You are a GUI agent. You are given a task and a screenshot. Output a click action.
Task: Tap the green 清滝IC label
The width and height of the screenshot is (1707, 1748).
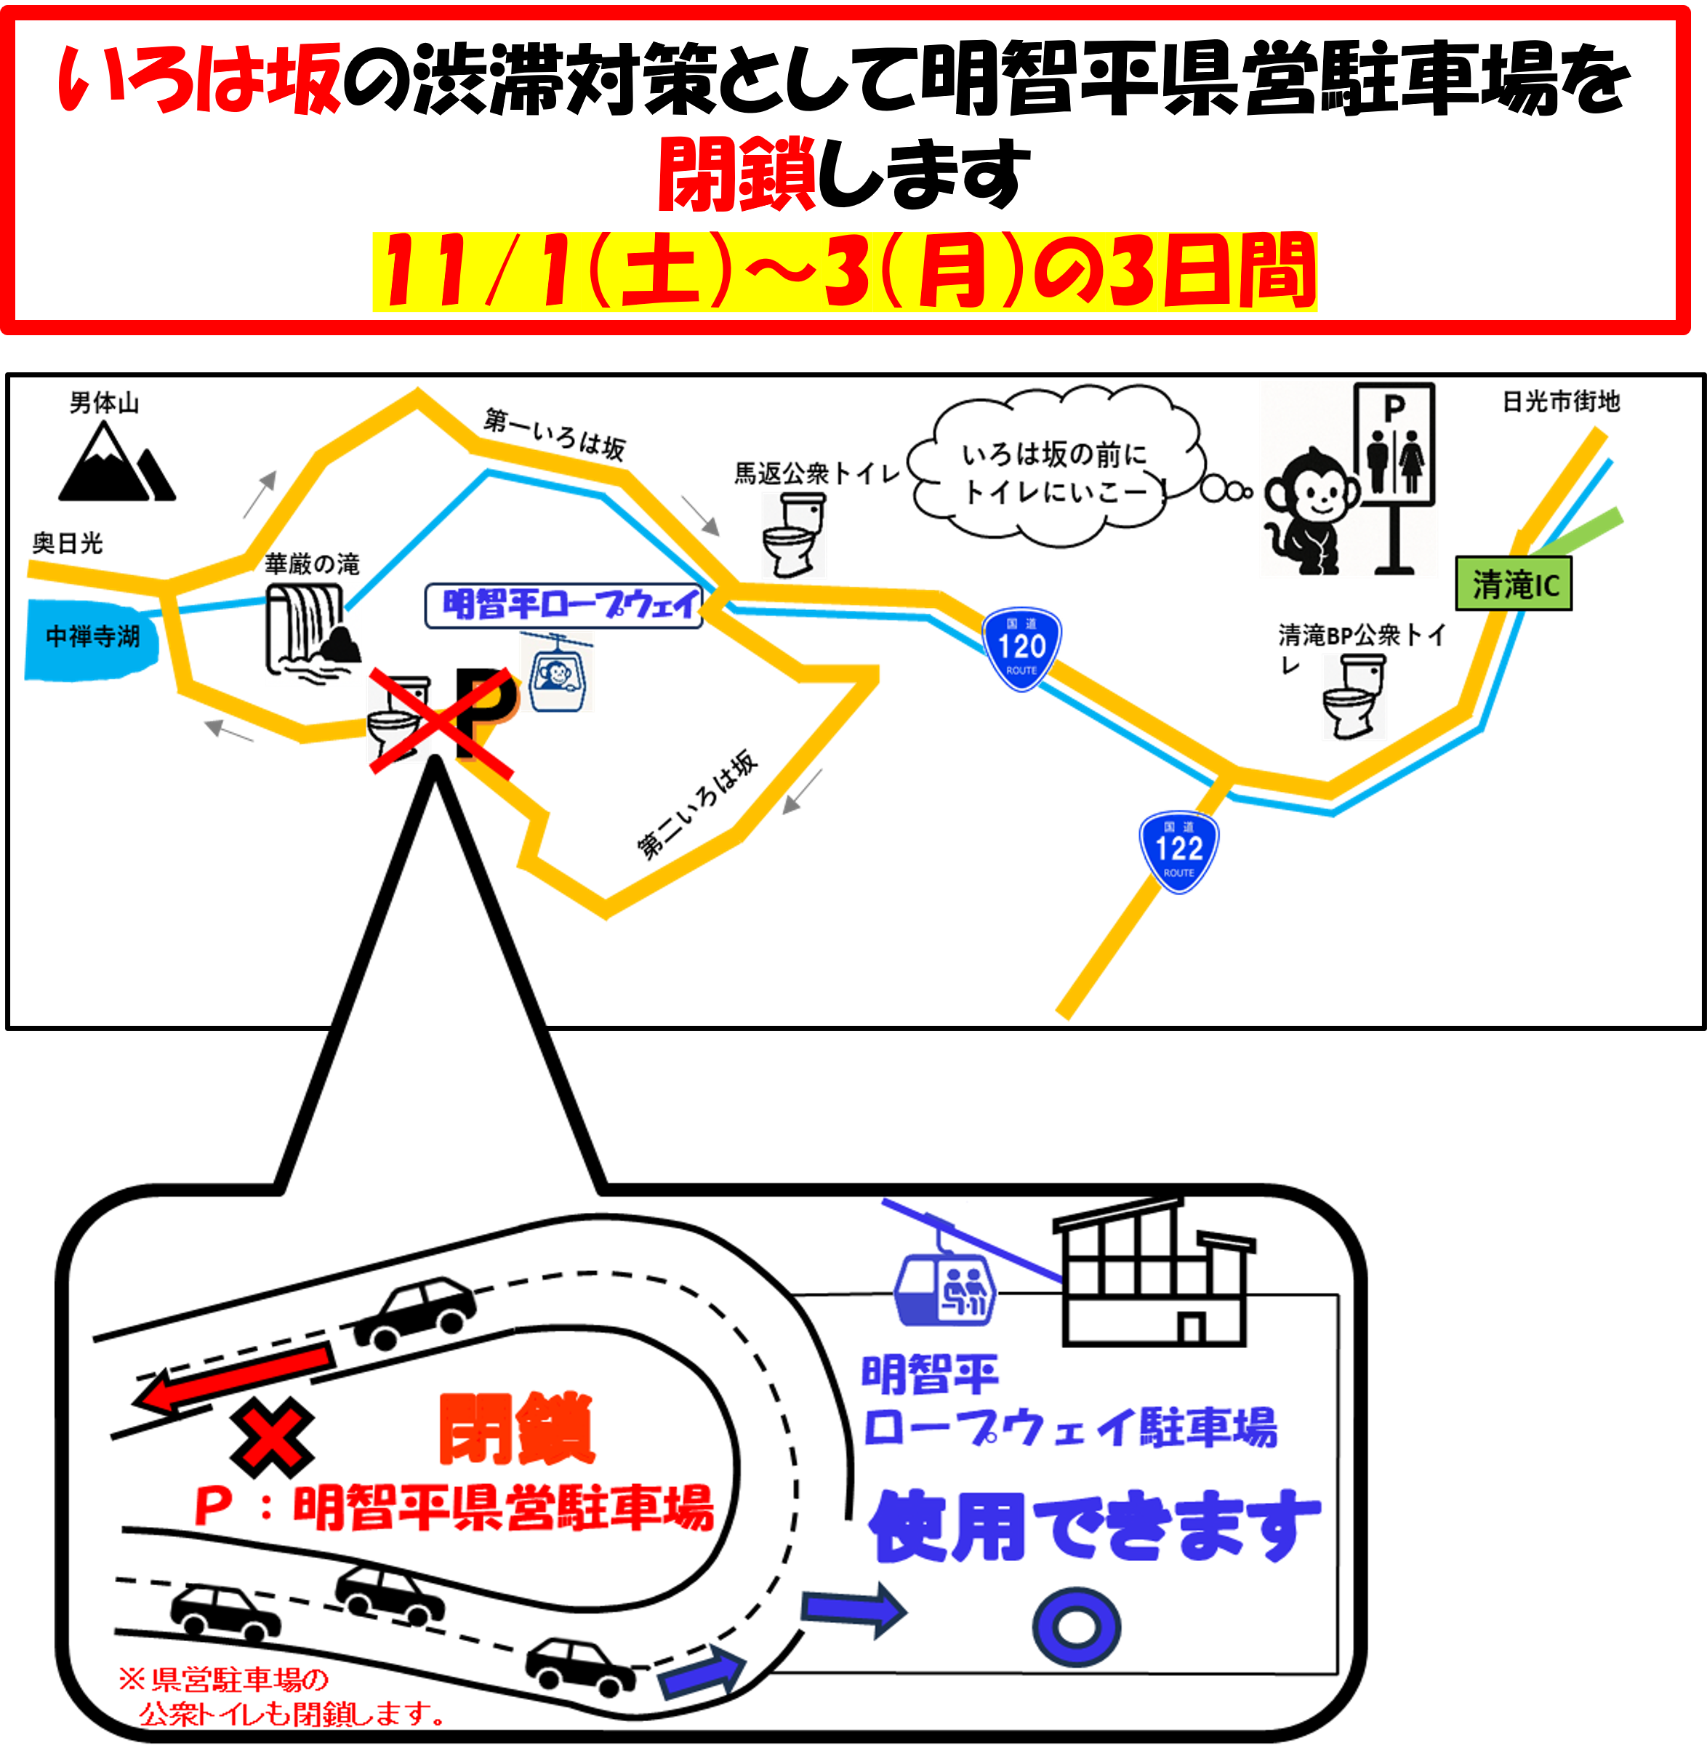click(x=1514, y=585)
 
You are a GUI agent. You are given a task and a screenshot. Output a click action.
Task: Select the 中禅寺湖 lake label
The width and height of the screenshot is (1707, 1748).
click(x=92, y=637)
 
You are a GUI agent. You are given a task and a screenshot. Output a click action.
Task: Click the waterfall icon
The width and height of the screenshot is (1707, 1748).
click(x=313, y=634)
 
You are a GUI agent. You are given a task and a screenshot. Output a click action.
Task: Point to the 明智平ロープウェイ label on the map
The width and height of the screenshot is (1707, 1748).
click(x=563, y=604)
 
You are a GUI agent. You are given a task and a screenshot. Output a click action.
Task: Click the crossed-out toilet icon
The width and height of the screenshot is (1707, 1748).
click(x=399, y=720)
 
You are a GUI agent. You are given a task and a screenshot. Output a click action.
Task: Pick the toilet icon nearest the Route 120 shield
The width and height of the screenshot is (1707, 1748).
click(x=793, y=535)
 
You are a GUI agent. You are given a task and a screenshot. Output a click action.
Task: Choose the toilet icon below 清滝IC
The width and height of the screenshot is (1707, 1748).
click(x=1354, y=697)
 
